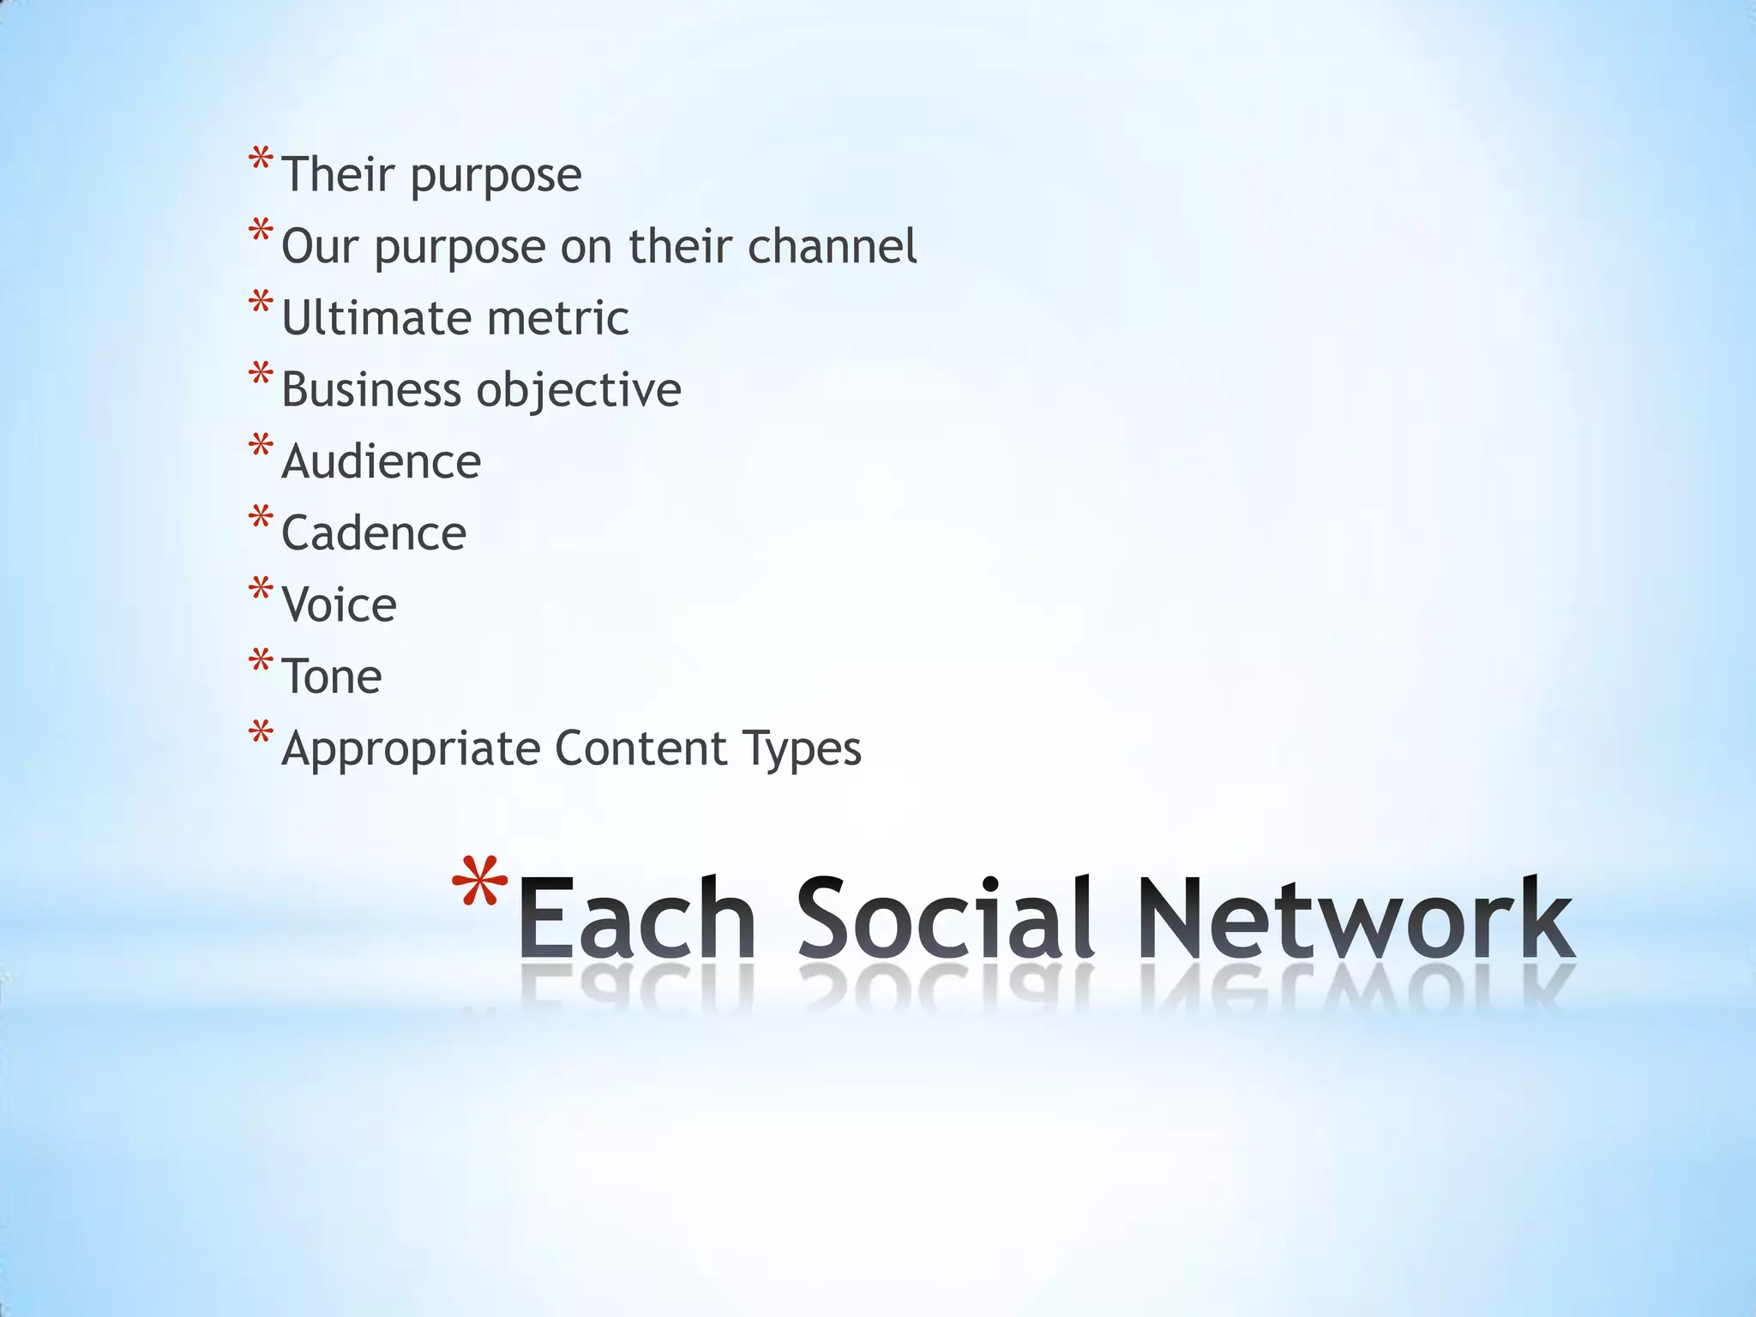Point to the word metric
tap(557, 318)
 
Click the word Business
tap(370, 390)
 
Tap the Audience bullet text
tap(381, 462)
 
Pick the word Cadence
tap(374, 533)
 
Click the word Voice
tap(340, 605)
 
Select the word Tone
tap(332, 677)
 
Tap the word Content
tap(640, 748)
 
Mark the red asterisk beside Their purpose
tap(261, 159)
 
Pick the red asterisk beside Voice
tap(261, 590)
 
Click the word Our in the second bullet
tap(319, 246)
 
